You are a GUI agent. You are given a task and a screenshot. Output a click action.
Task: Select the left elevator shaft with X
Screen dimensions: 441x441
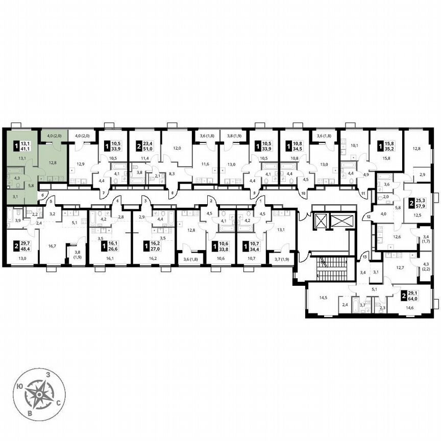click(x=323, y=221)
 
